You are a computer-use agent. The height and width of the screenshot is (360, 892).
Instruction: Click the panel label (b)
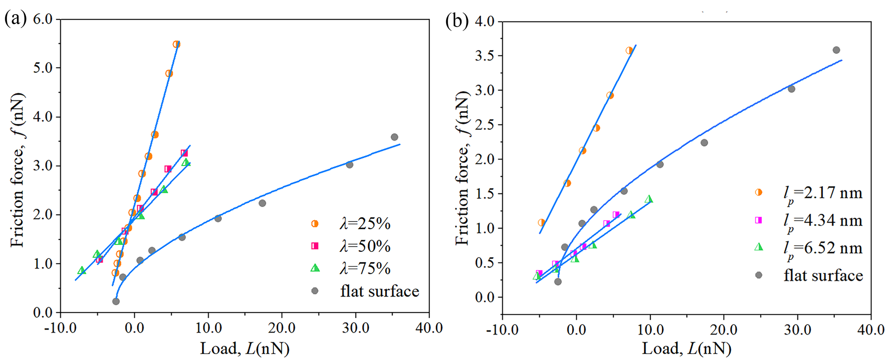tap(457, 21)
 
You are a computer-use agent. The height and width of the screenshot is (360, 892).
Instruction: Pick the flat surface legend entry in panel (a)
tap(379, 291)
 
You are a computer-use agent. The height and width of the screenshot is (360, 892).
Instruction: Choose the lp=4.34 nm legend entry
tap(823, 221)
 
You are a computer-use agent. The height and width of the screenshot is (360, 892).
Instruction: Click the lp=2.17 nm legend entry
tap(823, 193)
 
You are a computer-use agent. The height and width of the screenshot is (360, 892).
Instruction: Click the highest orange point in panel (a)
tap(177, 44)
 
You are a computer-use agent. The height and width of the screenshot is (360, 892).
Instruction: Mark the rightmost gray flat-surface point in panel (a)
tap(394, 137)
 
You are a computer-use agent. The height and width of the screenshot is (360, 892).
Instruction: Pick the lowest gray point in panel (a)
tap(116, 301)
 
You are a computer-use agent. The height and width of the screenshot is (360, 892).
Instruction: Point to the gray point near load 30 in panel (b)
tap(791, 89)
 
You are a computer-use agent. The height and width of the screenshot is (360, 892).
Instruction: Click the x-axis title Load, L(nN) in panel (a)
tap(245, 349)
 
